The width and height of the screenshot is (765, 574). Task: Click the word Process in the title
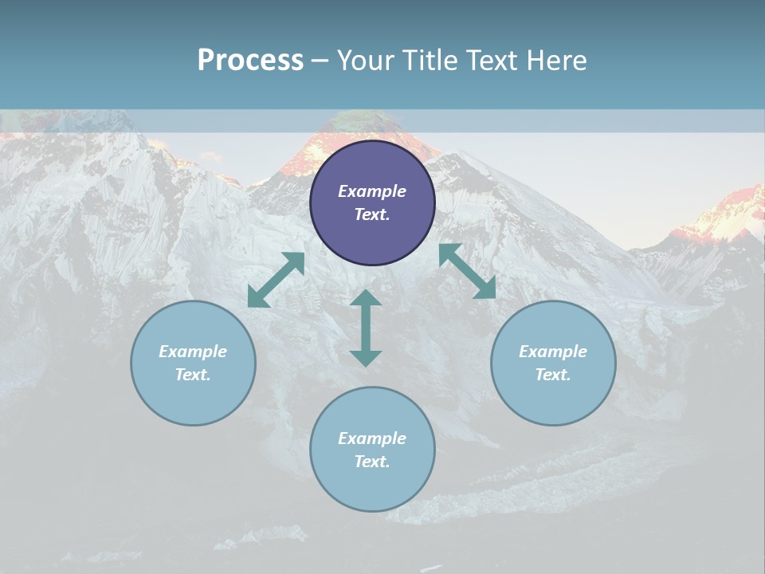click(250, 61)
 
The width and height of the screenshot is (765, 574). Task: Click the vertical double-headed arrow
click(366, 328)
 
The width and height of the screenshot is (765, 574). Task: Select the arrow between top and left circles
click(276, 280)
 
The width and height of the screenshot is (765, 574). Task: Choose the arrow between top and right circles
click(467, 271)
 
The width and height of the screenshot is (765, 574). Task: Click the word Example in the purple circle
click(372, 191)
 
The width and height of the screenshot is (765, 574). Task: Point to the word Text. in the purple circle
click(372, 214)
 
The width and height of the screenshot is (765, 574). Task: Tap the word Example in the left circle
click(193, 352)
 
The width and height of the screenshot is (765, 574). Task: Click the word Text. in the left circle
click(193, 375)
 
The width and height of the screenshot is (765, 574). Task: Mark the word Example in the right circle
click(553, 352)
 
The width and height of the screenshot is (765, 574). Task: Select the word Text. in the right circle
click(553, 375)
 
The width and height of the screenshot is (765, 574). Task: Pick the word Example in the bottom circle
click(372, 438)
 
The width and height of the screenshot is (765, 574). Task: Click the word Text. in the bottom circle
click(372, 462)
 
